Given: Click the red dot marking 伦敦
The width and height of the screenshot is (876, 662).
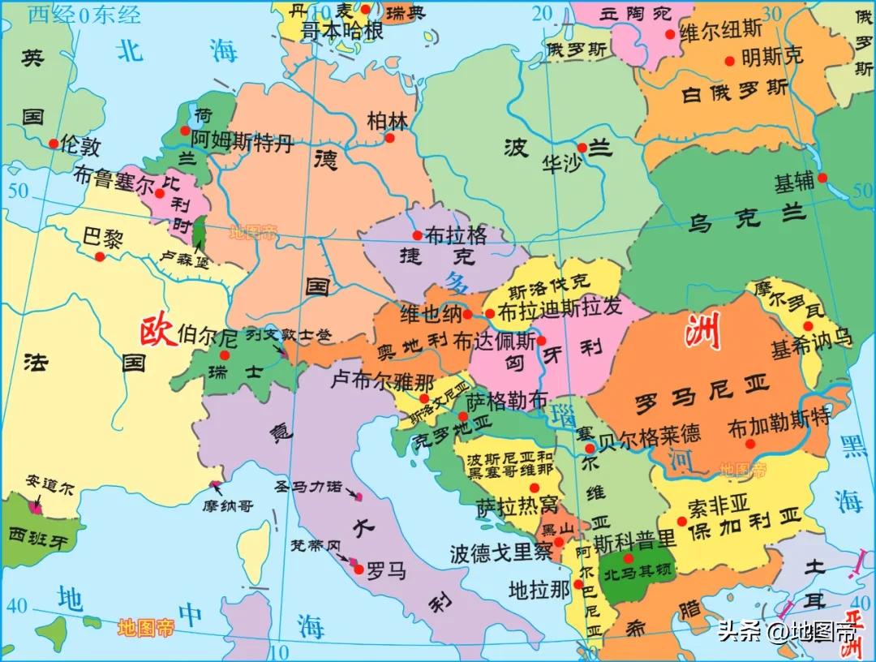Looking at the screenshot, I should (54, 144).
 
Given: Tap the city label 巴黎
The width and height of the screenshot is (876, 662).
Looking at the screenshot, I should (102, 238).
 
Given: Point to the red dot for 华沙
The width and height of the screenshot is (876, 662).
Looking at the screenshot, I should (582, 148).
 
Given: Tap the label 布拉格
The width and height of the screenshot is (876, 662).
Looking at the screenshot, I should (456, 235).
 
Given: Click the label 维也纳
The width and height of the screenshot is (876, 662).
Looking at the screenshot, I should (431, 313).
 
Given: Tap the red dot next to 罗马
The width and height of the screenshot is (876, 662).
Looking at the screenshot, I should (359, 570).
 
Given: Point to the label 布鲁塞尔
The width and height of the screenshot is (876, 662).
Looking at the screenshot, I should (113, 178).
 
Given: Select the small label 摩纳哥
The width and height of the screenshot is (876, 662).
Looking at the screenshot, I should (228, 505).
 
